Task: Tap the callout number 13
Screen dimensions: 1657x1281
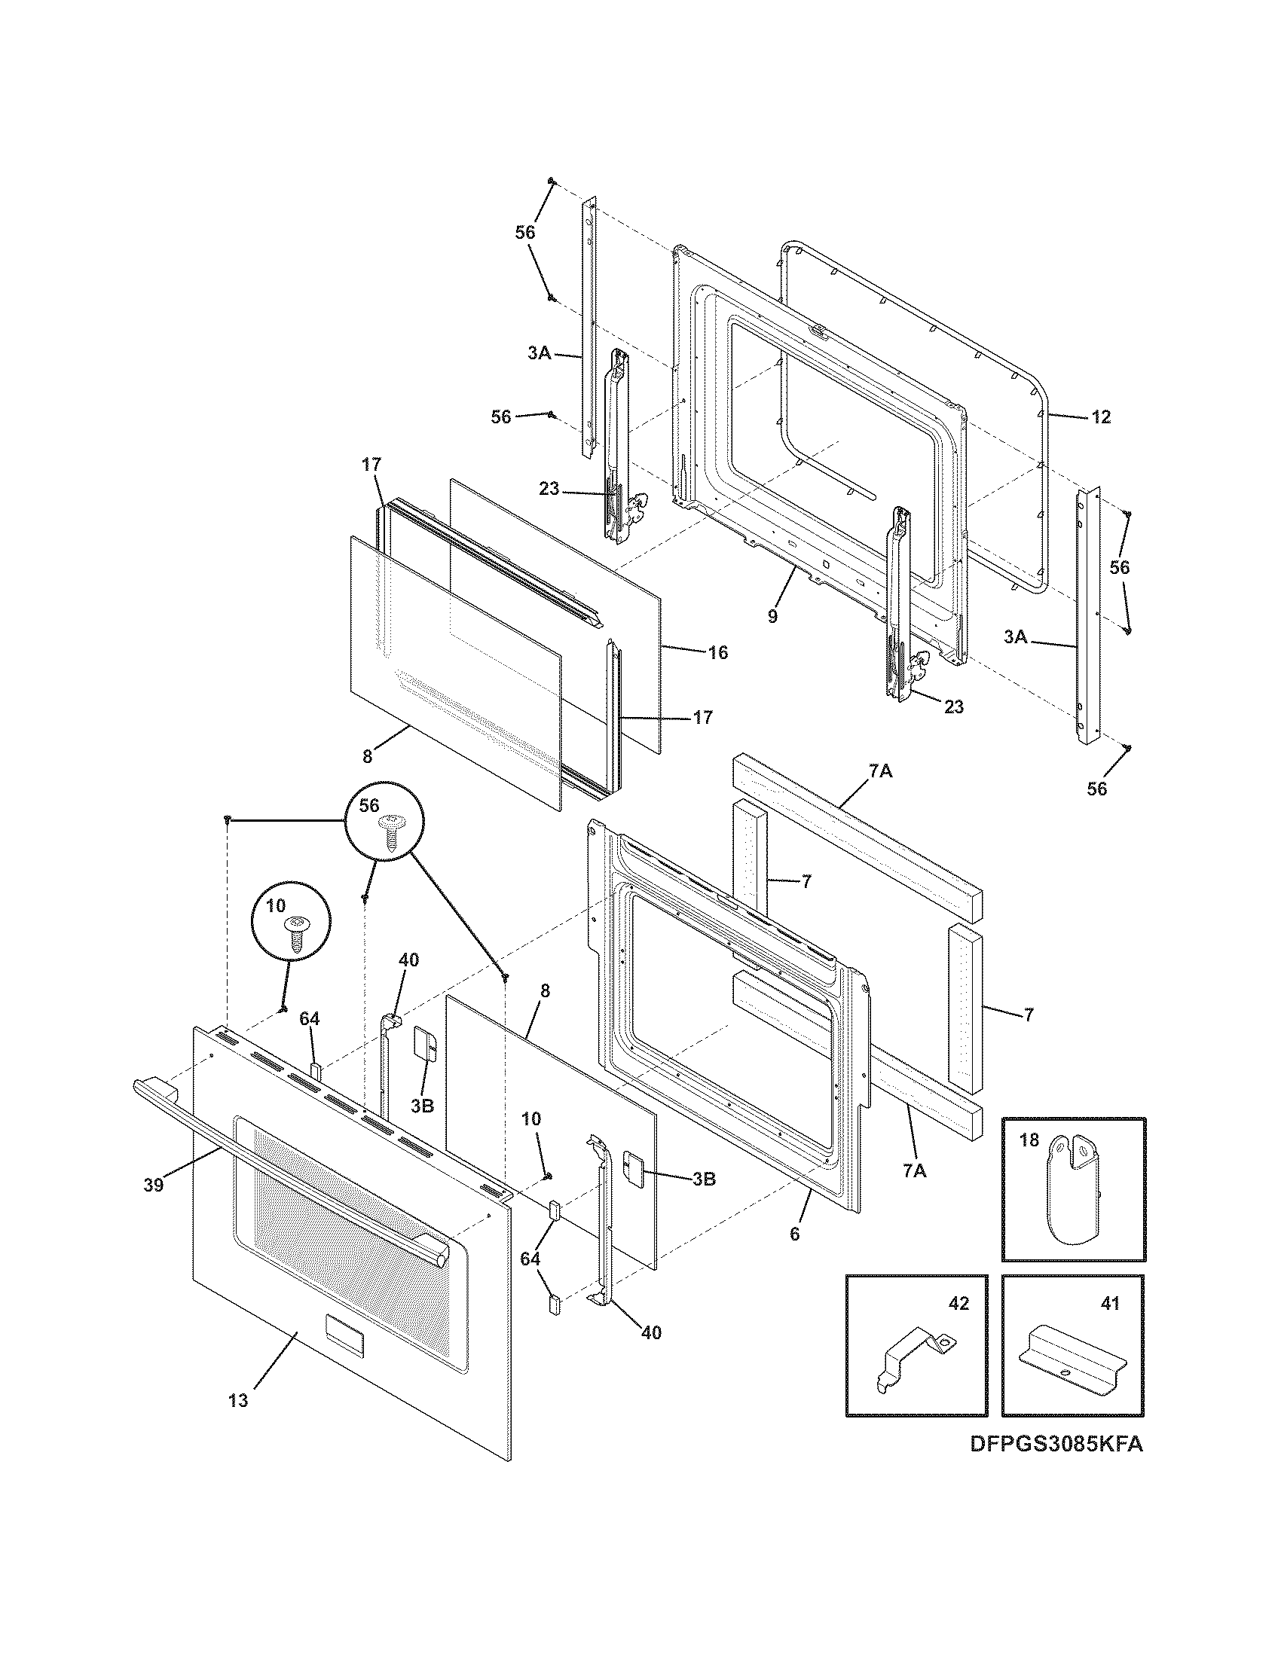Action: (x=237, y=1401)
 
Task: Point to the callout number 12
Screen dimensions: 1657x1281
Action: (x=1101, y=417)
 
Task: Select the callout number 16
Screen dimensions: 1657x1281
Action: (x=717, y=652)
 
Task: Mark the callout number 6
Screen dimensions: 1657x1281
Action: (x=794, y=1234)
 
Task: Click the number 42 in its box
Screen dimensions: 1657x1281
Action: (x=958, y=1304)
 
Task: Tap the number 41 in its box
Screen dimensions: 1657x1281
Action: (x=1109, y=1304)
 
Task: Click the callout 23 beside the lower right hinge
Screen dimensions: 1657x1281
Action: (x=954, y=706)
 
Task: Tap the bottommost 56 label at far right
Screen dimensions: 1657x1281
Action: (x=1096, y=789)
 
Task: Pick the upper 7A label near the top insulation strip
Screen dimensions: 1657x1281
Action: (x=881, y=771)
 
